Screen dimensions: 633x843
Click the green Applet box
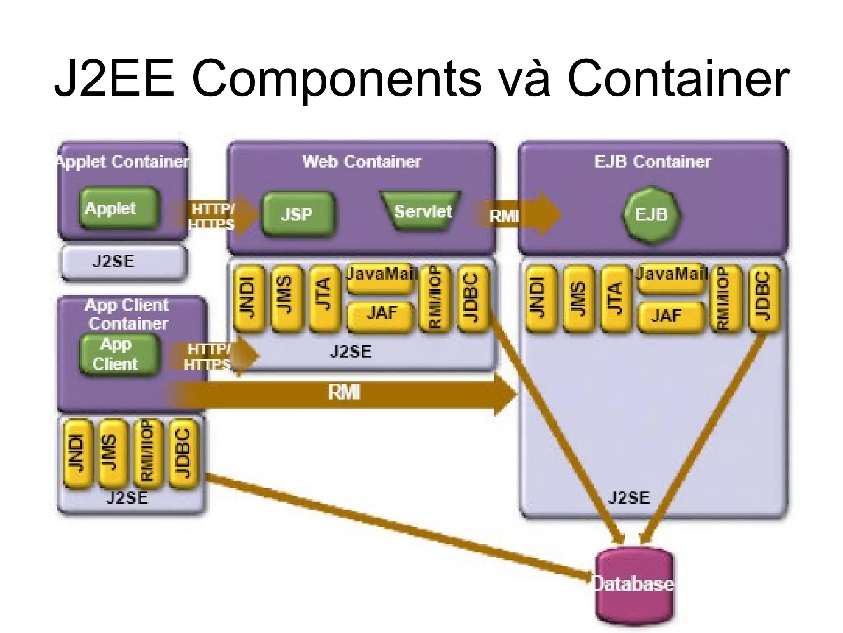119,209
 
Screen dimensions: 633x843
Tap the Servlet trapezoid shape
421,211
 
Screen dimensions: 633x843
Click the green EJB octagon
651,215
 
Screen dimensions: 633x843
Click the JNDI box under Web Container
248,299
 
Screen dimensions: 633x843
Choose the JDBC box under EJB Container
764,299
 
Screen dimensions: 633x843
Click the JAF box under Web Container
380,313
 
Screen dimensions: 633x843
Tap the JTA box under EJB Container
615,299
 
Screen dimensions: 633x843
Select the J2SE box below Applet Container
122,262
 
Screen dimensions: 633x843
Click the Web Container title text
361,162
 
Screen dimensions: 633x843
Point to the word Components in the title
336,78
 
